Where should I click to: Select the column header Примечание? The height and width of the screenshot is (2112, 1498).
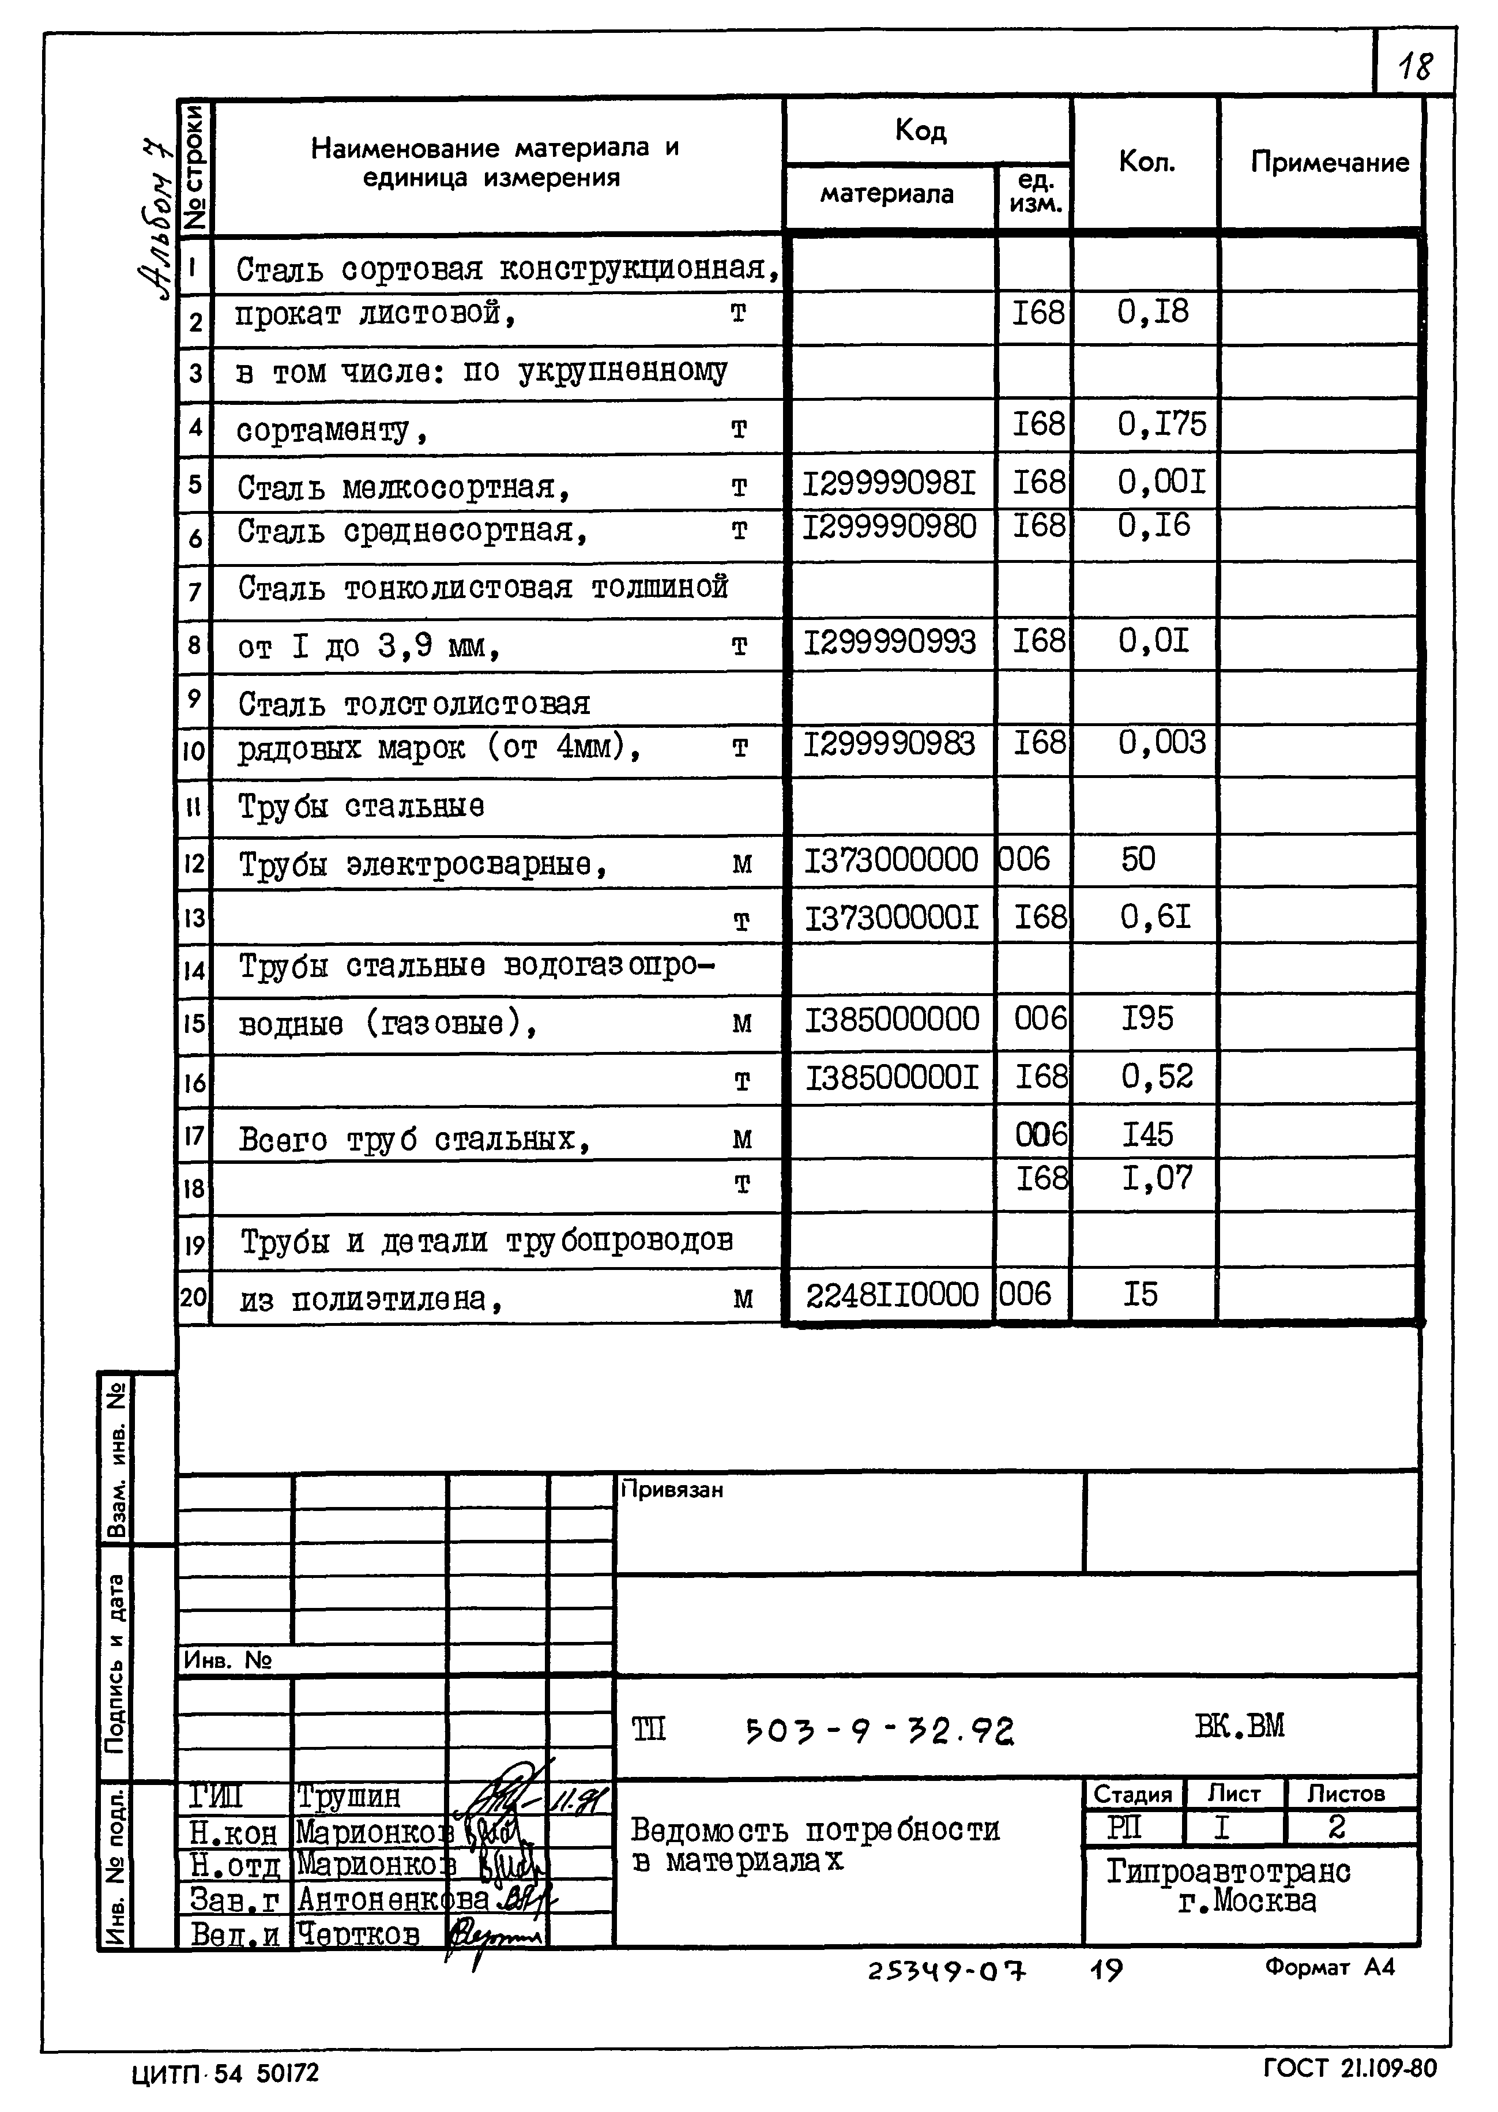(x=1329, y=163)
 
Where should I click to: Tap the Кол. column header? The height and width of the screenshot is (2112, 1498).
(x=1146, y=163)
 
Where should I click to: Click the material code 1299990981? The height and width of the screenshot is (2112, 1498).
(x=889, y=483)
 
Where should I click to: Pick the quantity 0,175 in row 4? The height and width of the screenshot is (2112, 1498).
(x=1161, y=424)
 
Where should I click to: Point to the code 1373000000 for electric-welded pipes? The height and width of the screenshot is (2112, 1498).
(x=891, y=860)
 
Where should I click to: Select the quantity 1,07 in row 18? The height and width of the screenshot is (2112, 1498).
(x=1157, y=1178)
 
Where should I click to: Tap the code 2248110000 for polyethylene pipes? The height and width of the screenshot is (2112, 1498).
(x=891, y=1295)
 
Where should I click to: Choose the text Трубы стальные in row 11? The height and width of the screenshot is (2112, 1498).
(x=361, y=806)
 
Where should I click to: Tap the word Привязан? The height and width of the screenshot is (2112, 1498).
(x=672, y=1489)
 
